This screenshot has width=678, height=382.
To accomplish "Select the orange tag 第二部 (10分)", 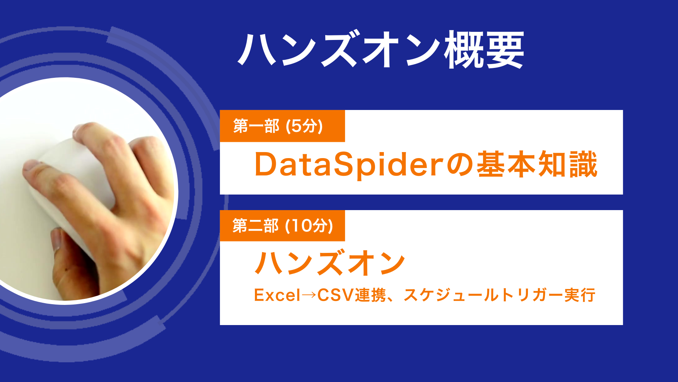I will point(282,226).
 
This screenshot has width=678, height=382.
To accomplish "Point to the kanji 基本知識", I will point(537,164).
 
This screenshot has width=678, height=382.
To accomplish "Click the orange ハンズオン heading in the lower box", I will point(330,263).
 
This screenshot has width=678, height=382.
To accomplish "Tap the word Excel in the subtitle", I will point(277,295).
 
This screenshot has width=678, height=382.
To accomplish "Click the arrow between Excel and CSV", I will point(309,295).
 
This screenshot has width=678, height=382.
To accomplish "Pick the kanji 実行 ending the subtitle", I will point(579,295).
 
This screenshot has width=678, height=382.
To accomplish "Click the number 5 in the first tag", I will point(297,126).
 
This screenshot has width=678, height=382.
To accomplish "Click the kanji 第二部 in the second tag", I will point(255,226).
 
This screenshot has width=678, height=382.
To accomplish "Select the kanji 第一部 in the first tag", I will point(256,126).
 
